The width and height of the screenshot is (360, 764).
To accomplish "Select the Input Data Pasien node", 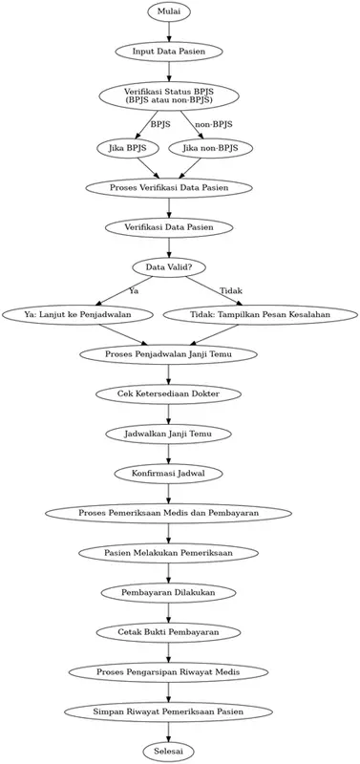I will pyautogui.click(x=169, y=51).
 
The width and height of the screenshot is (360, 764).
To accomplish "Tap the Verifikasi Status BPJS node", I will pyautogui.click(x=169, y=95).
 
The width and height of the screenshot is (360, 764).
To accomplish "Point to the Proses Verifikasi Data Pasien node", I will pyautogui.click(x=169, y=187).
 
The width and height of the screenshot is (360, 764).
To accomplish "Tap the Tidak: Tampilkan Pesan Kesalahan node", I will pyautogui.click(x=262, y=314).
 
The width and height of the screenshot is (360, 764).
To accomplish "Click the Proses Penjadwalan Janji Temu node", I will pyautogui.click(x=169, y=354).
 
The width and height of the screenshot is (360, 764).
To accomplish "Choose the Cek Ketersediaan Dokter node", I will pyautogui.click(x=169, y=393).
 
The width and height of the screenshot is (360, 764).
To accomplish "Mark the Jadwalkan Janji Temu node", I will pyautogui.click(x=169, y=434).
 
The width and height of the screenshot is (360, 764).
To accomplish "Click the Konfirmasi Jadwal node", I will pyautogui.click(x=169, y=473).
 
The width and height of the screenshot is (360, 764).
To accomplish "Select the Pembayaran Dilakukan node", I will pyautogui.click(x=169, y=592).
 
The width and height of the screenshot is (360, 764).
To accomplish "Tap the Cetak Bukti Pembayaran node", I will pyautogui.click(x=169, y=631).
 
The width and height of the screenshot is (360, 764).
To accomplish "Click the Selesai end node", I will pyautogui.click(x=169, y=751).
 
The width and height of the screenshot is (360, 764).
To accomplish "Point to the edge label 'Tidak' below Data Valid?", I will pyautogui.click(x=230, y=290).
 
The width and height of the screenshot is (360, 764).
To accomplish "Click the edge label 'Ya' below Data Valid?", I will pyautogui.click(x=134, y=290).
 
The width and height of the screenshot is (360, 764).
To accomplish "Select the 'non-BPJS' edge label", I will pyautogui.click(x=213, y=124).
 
